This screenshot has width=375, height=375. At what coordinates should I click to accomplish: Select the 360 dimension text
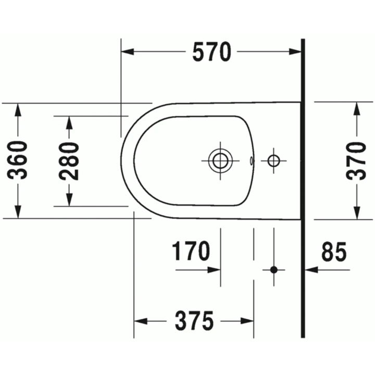(20, 160)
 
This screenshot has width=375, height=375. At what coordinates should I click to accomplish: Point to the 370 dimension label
(358, 160)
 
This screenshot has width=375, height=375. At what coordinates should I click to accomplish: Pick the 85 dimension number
(334, 253)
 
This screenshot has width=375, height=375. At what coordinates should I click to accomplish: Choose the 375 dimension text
(195, 321)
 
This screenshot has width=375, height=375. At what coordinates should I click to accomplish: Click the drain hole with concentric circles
(220, 160)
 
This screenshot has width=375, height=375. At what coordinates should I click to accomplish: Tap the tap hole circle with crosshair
(273, 160)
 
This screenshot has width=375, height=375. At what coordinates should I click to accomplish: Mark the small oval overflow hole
(252, 160)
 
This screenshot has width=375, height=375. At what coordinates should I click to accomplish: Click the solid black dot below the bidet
(274, 270)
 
